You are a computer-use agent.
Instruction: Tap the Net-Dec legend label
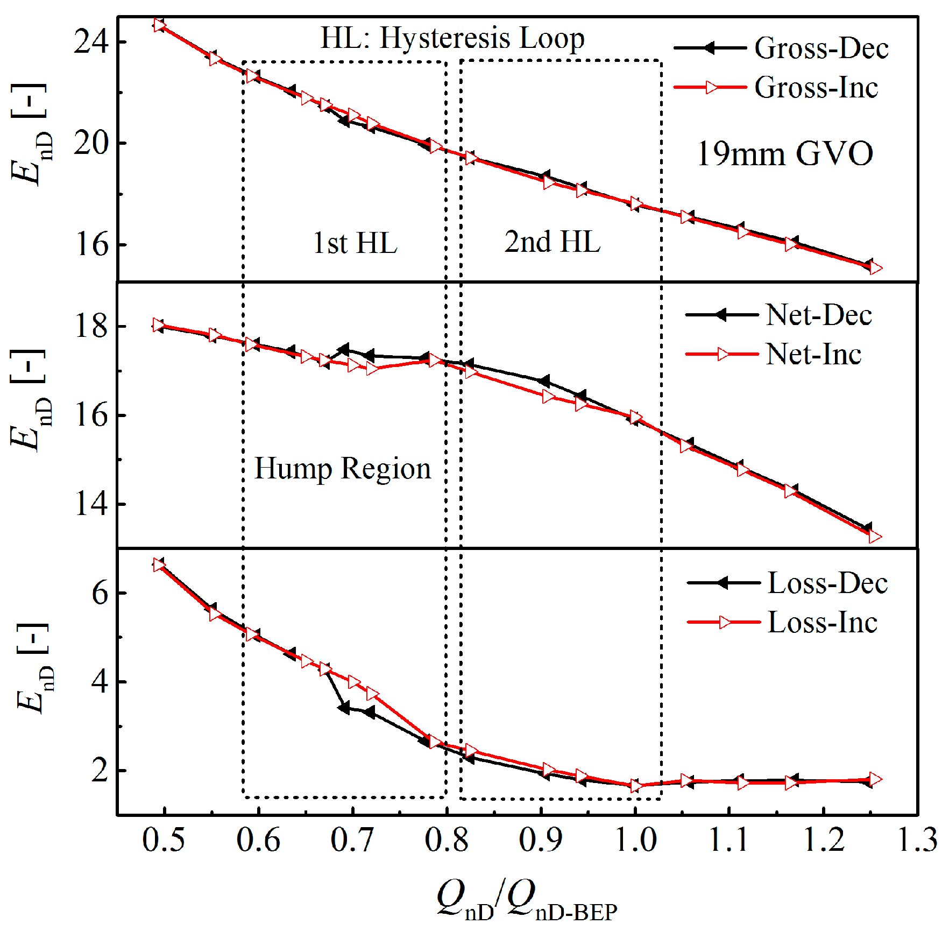(818, 315)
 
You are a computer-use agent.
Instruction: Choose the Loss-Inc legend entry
(822, 623)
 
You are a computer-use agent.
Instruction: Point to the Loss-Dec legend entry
(827, 583)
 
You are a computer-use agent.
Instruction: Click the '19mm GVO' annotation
(784, 154)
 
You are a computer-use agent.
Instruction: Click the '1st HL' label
(355, 243)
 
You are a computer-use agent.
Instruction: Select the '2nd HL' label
(552, 242)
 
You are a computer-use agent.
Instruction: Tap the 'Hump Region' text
(343, 468)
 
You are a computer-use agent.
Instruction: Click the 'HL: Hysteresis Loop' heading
(452, 38)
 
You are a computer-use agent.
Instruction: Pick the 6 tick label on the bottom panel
(100, 593)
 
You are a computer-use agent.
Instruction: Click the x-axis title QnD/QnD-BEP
(527, 900)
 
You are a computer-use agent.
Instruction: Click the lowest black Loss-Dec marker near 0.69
(344, 707)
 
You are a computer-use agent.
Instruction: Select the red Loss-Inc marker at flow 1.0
(636, 786)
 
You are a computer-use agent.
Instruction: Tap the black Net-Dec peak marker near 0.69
(343, 350)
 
